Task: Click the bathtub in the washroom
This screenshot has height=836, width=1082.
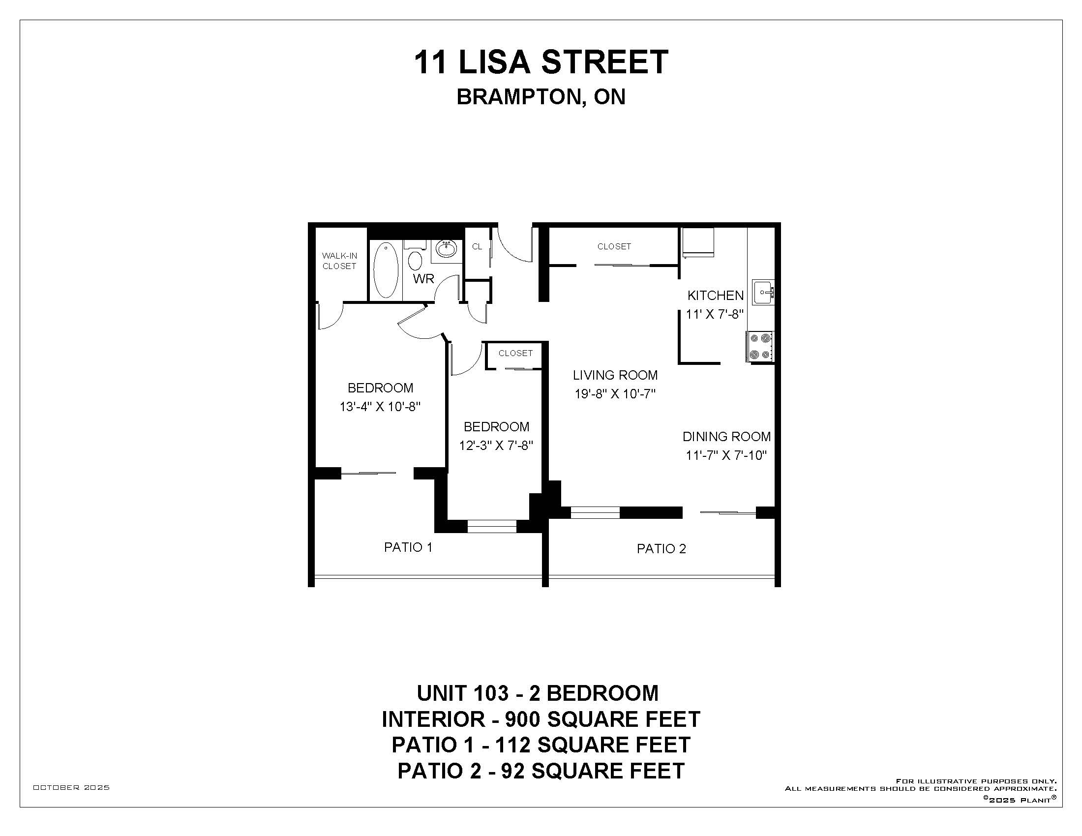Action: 386,269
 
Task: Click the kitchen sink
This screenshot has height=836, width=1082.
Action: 763,293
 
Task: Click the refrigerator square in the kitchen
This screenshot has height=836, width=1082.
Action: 698,242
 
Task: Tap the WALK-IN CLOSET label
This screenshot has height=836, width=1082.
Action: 339,261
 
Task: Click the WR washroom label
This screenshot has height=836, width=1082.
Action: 423,279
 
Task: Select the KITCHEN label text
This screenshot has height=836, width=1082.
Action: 716,296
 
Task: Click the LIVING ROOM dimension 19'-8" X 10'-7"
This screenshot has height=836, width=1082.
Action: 615,394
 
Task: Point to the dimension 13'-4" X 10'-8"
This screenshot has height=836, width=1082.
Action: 380,407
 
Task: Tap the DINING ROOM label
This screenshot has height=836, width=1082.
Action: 726,437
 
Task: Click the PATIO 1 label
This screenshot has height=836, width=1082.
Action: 408,547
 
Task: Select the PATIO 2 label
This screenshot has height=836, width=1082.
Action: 661,549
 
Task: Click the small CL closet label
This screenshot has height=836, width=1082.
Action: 477,247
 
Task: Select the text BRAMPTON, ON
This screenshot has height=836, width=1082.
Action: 541,97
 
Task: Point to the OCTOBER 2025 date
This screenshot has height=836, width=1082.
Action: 71,787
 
